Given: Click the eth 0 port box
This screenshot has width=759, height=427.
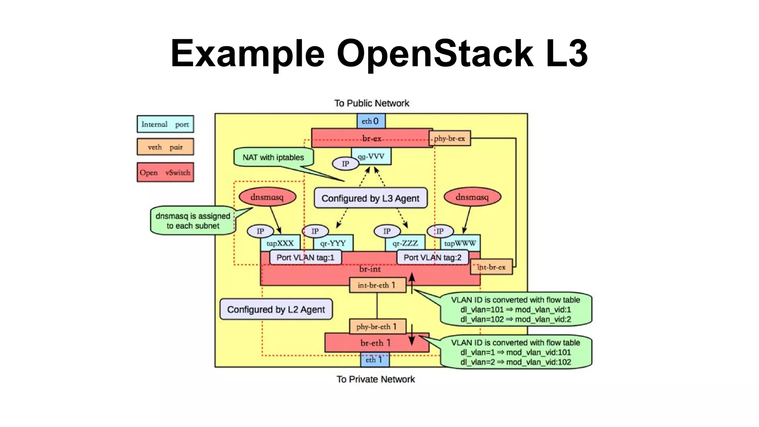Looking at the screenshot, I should click(x=371, y=121).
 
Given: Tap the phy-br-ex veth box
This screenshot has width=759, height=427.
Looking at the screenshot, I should click(x=450, y=138).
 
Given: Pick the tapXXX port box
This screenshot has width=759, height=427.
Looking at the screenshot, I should click(x=280, y=243).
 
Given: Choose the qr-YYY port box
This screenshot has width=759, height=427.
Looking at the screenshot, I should click(x=333, y=243).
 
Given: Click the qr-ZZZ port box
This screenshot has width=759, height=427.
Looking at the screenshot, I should click(x=405, y=243).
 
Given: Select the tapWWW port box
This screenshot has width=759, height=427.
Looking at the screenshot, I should click(x=460, y=243).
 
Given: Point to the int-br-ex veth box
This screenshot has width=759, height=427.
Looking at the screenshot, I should click(x=491, y=267).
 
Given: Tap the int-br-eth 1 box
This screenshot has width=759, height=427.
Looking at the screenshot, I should click(x=377, y=285).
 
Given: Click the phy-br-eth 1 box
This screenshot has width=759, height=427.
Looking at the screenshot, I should click(x=377, y=327).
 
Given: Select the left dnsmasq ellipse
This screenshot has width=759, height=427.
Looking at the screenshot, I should click(x=267, y=197).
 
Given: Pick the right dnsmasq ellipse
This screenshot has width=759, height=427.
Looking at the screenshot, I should click(x=472, y=197).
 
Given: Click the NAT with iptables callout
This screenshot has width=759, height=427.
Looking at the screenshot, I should click(x=274, y=158).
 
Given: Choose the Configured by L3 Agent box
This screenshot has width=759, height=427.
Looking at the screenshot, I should click(x=370, y=198).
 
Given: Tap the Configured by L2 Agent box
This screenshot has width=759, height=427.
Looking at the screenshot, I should click(x=276, y=310).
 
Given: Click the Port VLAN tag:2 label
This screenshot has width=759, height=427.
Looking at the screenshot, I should click(x=432, y=257).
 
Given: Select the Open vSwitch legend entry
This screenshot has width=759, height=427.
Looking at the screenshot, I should click(x=165, y=172).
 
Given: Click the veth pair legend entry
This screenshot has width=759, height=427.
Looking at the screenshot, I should click(x=165, y=147).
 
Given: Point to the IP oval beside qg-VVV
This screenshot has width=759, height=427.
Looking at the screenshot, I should click(x=345, y=164).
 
